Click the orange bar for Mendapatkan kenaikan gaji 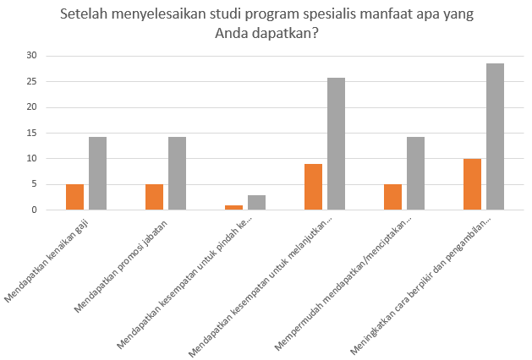(74, 197)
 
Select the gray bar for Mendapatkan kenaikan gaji (97, 173)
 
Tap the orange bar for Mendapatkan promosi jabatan (154, 197)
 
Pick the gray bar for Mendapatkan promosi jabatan (177, 173)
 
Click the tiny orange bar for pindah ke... (233, 207)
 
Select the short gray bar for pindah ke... (256, 203)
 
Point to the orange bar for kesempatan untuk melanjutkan (313, 187)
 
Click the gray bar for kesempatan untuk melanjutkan (336, 144)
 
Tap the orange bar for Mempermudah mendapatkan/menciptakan (392, 197)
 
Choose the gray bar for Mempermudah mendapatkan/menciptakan (415, 173)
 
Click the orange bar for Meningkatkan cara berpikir (472, 184)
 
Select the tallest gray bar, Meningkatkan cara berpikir (495, 137)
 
